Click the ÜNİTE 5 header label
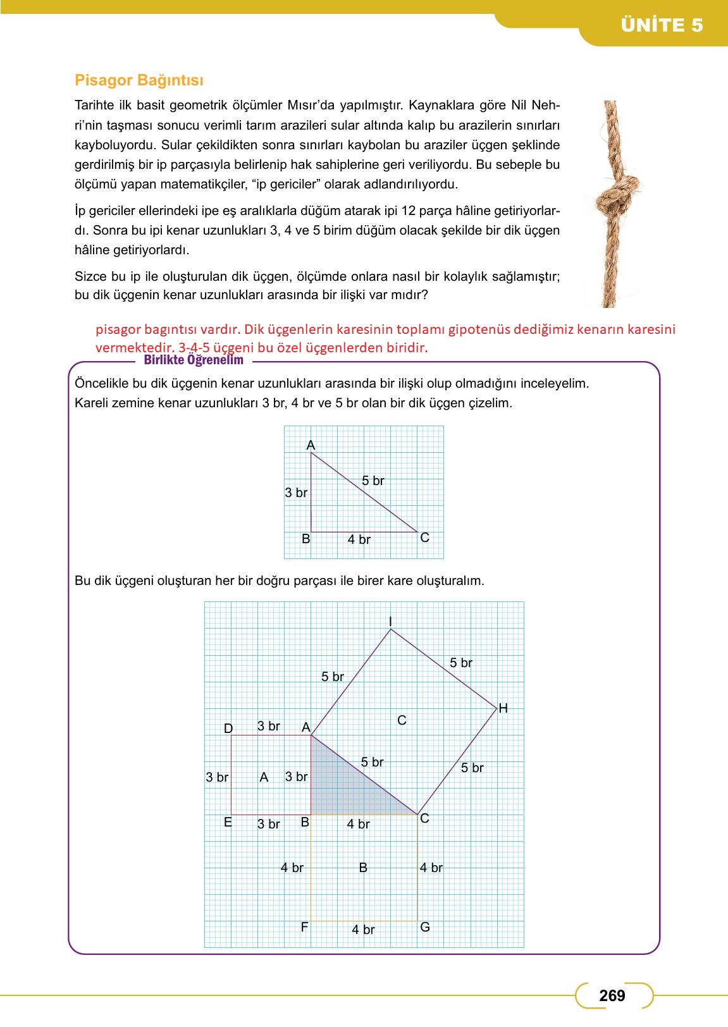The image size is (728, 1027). pyautogui.click(x=662, y=25)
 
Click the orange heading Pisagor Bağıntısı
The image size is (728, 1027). pyautogui.click(x=139, y=80)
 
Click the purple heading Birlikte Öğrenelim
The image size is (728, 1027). pyautogui.click(x=194, y=360)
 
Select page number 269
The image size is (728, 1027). pyautogui.click(x=612, y=995)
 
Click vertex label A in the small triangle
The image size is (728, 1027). pyautogui.click(x=311, y=445)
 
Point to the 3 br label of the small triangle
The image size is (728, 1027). pyautogui.click(x=296, y=493)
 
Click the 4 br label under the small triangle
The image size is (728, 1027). pyautogui.click(x=359, y=539)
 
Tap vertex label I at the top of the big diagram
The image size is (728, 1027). pyautogui.click(x=390, y=621)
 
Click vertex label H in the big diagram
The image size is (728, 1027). pyautogui.click(x=503, y=708)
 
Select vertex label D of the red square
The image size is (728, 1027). pyautogui.click(x=228, y=729)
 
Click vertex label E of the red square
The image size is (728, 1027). pyautogui.click(x=228, y=823)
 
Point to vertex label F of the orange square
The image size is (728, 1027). pyautogui.click(x=304, y=927)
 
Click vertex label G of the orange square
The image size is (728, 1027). pyautogui.click(x=425, y=927)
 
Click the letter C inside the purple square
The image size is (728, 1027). pyautogui.click(x=402, y=720)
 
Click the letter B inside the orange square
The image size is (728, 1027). pyautogui.click(x=363, y=868)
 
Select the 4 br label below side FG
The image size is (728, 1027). pyautogui.click(x=363, y=930)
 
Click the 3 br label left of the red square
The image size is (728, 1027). pyautogui.click(x=217, y=777)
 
